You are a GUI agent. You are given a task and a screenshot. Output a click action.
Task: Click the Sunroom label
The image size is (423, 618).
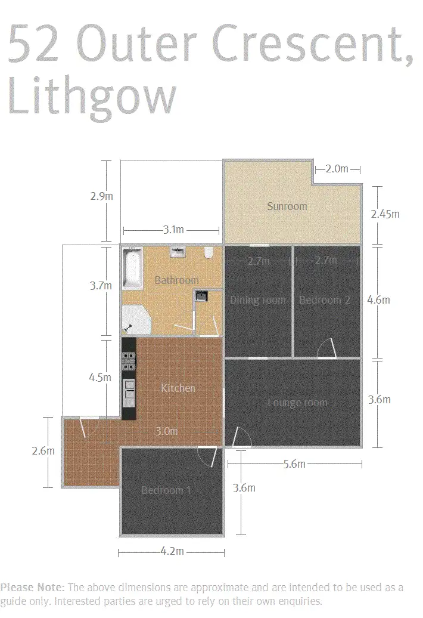pyautogui.click(x=287, y=206)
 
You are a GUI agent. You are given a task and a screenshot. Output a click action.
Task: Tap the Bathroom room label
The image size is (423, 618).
pyautogui.click(x=176, y=280)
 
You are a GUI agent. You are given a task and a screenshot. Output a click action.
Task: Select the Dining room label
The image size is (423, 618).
pyautogui.click(x=258, y=300)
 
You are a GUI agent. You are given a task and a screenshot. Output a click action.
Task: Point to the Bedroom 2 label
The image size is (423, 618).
pyautogui.click(x=325, y=300)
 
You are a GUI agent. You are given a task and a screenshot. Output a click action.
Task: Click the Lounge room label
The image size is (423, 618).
pyautogui.click(x=297, y=403)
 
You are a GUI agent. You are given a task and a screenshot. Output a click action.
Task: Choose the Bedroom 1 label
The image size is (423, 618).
pyautogui.click(x=166, y=490)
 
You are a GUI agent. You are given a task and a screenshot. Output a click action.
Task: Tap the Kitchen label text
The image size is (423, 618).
pyautogui.click(x=178, y=388)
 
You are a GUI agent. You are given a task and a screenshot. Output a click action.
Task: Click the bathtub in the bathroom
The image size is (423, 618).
pyautogui.click(x=132, y=268)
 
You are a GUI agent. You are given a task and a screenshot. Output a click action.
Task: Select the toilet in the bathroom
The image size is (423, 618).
pyautogui.click(x=208, y=253)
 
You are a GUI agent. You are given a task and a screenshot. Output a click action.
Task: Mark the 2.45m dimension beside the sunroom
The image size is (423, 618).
pyautogui.click(x=385, y=214)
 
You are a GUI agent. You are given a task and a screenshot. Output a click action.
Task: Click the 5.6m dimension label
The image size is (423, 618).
pyautogui.click(x=294, y=463)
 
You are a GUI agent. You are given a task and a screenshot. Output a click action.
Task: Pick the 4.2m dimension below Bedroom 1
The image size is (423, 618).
pyautogui.click(x=172, y=551)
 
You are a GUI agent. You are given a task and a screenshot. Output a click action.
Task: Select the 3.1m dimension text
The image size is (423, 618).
pyautogui.click(x=173, y=230)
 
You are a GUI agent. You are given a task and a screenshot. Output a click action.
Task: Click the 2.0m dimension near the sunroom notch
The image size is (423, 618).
pyautogui.click(x=337, y=169)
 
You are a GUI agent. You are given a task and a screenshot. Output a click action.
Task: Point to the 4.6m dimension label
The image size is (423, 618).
pyautogui.click(x=379, y=300)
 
